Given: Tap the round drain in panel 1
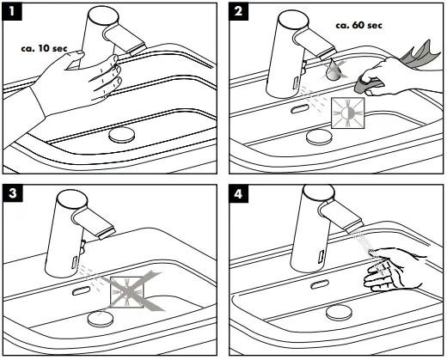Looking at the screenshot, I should tap(122, 136).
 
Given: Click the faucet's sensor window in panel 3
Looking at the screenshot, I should tap(77, 255).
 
